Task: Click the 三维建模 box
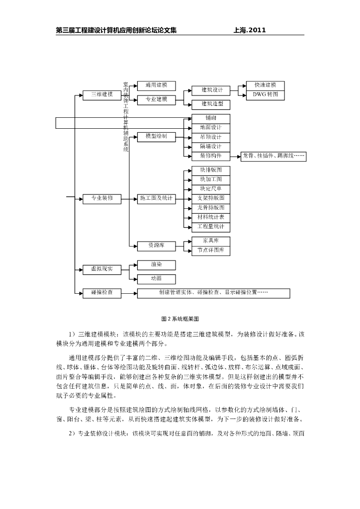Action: (x=101, y=94)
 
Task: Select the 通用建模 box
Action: (x=156, y=85)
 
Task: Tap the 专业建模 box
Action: (x=156, y=99)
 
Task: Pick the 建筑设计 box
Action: (x=211, y=90)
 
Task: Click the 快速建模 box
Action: (x=265, y=85)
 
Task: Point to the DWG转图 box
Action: (x=265, y=94)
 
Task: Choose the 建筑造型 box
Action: (x=211, y=104)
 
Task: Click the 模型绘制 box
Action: (x=156, y=136)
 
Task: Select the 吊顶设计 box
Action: (x=211, y=137)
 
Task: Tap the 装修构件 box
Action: (x=211, y=156)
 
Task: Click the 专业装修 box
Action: (x=101, y=198)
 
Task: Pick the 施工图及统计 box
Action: (x=156, y=198)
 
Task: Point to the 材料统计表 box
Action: (x=211, y=217)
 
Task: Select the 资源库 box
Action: (x=156, y=246)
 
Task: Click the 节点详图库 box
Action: (x=211, y=251)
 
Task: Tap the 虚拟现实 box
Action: (x=101, y=269)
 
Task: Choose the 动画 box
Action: (x=156, y=279)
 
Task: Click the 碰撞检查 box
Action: (x=101, y=293)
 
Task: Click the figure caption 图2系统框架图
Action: (x=180, y=318)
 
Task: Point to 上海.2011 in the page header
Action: (x=250, y=30)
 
